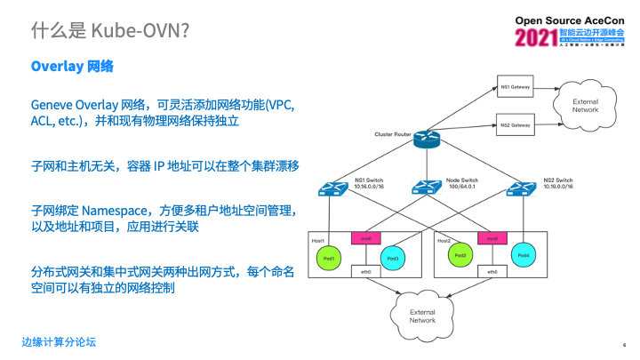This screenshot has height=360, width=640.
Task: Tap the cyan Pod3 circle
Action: click(394, 257)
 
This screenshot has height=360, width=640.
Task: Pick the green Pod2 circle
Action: click(460, 256)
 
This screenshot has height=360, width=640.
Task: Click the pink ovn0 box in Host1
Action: click(363, 238)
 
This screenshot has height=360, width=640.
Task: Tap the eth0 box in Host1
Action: click(363, 272)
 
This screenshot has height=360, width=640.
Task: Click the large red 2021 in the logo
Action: click(535, 38)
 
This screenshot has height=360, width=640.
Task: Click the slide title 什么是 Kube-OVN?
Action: click(109, 31)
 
